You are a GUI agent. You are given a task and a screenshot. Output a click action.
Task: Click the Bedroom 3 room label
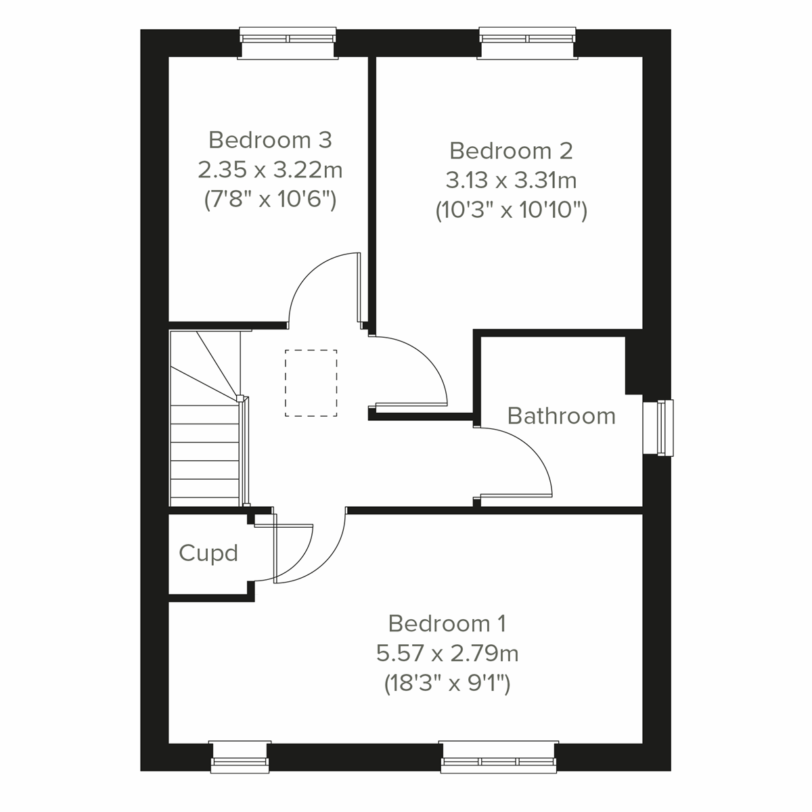(270, 139)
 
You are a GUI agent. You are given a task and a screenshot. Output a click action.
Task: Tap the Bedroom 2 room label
(511, 150)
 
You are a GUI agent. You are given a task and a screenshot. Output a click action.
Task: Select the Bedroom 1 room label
(447, 623)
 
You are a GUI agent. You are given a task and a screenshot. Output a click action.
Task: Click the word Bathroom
(561, 415)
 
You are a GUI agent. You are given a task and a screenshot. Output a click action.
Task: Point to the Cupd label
(208, 554)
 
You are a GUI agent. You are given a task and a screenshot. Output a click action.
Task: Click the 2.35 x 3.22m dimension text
(270, 169)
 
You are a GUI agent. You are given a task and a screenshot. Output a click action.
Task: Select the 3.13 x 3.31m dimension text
(511, 180)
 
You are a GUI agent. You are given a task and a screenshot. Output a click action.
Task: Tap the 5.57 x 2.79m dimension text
(447, 653)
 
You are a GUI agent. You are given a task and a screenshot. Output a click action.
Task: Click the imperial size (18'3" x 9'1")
(447, 683)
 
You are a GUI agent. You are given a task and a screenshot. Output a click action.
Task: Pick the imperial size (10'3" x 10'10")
(511, 210)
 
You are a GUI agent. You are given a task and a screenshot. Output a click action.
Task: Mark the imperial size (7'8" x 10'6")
(270, 200)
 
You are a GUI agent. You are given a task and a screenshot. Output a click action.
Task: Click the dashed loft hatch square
(311, 382)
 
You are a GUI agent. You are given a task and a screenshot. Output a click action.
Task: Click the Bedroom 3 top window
(288, 43)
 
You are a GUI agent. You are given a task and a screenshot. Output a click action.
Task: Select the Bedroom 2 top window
(528, 43)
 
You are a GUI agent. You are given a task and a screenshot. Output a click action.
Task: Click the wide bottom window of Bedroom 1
(499, 757)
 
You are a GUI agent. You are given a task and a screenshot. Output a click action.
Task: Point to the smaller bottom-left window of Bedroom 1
(240, 757)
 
